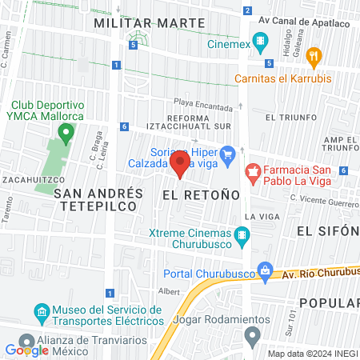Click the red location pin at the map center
(x=180, y=166)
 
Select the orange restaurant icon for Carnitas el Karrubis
(x=314, y=57)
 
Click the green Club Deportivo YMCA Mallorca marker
(x=64, y=129)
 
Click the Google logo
(x=26, y=350)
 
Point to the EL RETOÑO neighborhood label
(x=200, y=194)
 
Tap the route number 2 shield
(x=248, y=10)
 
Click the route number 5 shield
(x=135, y=46)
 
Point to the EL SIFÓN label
(x=328, y=230)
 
